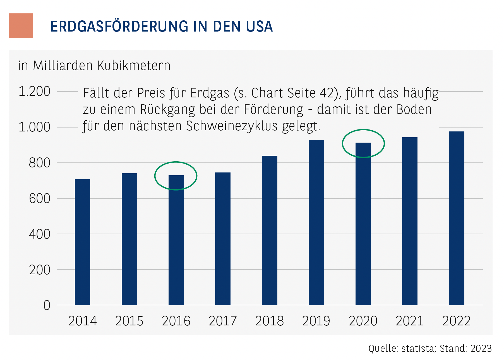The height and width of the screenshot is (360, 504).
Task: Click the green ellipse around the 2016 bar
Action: point(155,176)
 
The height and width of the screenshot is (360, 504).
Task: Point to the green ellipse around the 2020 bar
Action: point(343,143)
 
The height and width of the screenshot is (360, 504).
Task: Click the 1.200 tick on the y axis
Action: point(34,92)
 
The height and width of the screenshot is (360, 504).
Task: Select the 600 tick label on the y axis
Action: point(39,199)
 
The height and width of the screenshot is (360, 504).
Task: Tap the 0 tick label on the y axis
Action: point(47,305)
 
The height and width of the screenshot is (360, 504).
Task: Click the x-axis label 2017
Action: point(223,321)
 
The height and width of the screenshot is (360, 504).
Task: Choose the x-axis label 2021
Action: point(410,321)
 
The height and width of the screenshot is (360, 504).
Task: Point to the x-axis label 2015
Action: point(129,321)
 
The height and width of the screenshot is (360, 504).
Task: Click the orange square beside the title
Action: point(21,26)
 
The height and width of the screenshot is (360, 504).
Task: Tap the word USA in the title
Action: point(259,27)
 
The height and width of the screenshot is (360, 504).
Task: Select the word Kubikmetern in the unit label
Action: point(134,66)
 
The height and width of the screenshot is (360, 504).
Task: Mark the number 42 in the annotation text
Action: point(327,93)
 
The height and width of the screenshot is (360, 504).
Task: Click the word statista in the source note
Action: point(418,349)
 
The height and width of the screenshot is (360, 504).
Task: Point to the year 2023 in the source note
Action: point(481,349)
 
